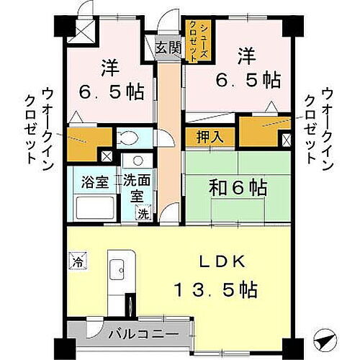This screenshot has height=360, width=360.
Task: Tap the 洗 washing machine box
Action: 143,213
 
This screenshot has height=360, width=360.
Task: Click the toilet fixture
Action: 129,138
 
